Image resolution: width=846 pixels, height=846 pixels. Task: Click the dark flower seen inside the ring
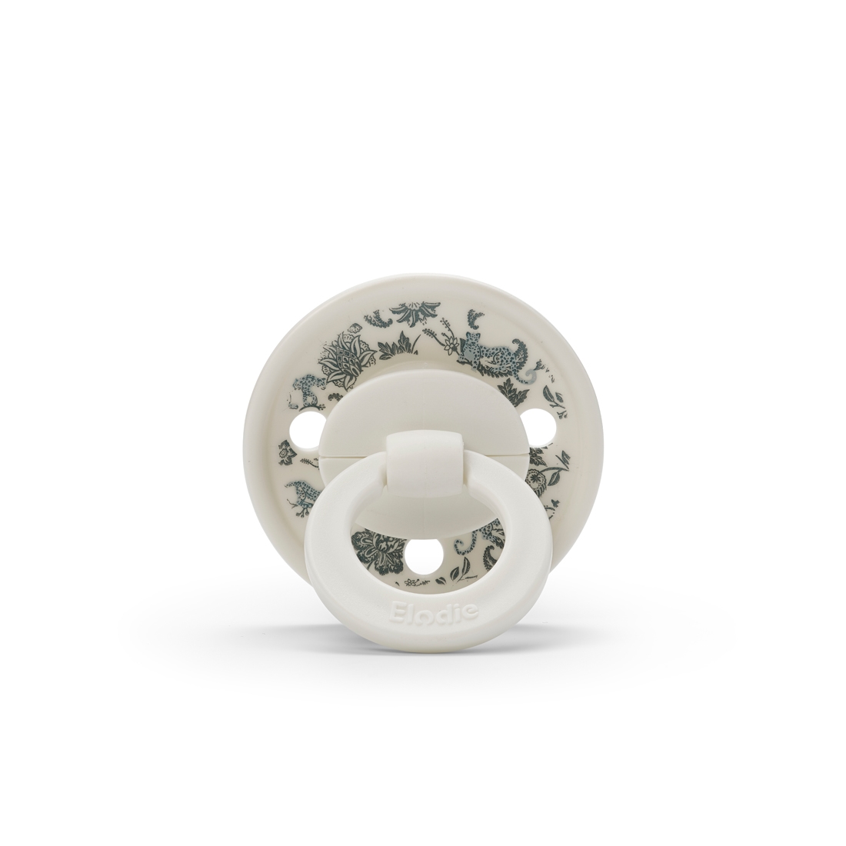pyautogui.click(x=378, y=551)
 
